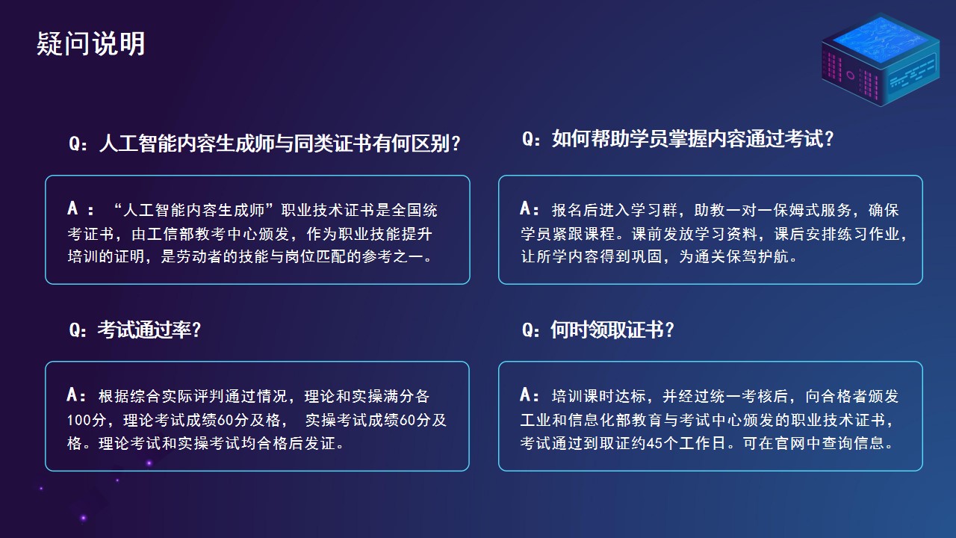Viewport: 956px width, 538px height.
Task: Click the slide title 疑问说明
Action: [90, 44]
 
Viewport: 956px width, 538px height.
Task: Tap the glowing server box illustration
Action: [881, 60]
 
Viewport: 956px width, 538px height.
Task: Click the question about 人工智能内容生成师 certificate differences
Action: [264, 143]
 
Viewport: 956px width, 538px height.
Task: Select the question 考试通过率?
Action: [135, 330]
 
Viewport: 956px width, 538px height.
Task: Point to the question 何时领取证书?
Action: [598, 330]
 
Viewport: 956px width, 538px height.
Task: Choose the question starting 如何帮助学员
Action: [677, 139]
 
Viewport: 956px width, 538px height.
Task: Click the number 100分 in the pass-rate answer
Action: [87, 420]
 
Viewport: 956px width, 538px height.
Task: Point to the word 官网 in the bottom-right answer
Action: [790, 443]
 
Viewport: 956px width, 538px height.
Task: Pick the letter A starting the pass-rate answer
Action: [72, 395]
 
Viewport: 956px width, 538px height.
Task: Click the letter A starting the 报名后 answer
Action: [525, 208]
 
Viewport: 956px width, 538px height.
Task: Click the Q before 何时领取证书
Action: [527, 330]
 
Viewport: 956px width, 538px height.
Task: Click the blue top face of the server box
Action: [881, 38]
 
